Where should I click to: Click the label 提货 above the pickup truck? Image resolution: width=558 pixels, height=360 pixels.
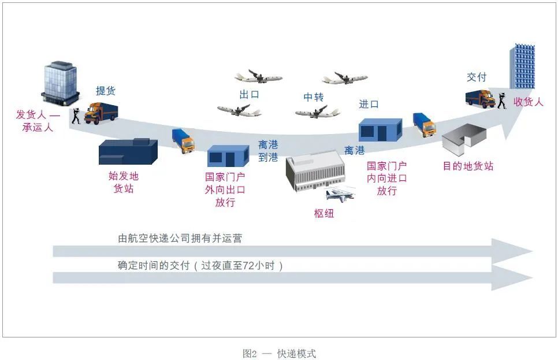pyautogui.click(x=106, y=91)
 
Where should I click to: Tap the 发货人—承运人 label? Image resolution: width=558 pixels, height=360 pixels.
pyautogui.click(x=38, y=121)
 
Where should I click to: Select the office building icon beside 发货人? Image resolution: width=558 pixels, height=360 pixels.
pyautogui.click(x=61, y=80)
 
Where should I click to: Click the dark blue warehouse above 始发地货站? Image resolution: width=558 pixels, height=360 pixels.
pyautogui.click(x=129, y=152)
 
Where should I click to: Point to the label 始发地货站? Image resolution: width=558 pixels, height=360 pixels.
pyautogui.click(x=124, y=182)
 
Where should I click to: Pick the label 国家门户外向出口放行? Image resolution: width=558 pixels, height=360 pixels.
pyautogui.click(x=225, y=190)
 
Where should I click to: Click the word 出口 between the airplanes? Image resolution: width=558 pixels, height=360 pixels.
pyautogui.click(x=249, y=94)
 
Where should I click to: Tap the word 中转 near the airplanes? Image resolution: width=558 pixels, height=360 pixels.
pyautogui.click(x=314, y=97)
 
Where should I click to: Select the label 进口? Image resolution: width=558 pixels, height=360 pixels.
pyautogui.click(x=369, y=104)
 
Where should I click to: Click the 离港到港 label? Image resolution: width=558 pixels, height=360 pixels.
pyautogui.click(x=268, y=151)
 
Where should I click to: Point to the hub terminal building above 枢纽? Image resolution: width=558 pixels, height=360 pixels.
pyautogui.click(x=315, y=170)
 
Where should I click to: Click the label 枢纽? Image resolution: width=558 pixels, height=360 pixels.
pyautogui.click(x=324, y=213)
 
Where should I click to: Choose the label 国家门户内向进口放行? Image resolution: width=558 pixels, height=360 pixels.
pyautogui.click(x=386, y=179)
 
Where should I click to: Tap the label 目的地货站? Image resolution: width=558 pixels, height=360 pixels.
pyautogui.click(x=468, y=166)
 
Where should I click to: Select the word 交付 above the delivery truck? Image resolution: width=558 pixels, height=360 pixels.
pyautogui.click(x=477, y=77)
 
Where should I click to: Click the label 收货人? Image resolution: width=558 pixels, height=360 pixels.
pyautogui.click(x=529, y=102)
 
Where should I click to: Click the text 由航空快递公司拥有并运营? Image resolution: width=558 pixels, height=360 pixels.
pyautogui.click(x=180, y=237)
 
